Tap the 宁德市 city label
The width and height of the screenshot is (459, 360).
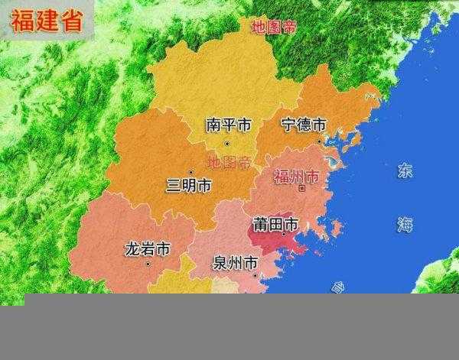[304, 124]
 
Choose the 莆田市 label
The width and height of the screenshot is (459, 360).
[275, 225]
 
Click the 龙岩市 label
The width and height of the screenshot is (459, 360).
[147, 249]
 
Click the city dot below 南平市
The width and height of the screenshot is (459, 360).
[226, 143]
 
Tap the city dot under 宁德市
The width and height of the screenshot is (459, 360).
[320, 141]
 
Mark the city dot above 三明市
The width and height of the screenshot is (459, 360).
[190, 171]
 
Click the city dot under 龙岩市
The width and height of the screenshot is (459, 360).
[148, 265]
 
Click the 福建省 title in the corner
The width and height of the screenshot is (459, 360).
[47, 21]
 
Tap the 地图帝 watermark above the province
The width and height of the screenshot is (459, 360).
[274, 28]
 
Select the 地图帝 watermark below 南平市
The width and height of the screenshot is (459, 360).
[229, 161]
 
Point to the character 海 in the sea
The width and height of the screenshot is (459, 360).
[405, 224]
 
